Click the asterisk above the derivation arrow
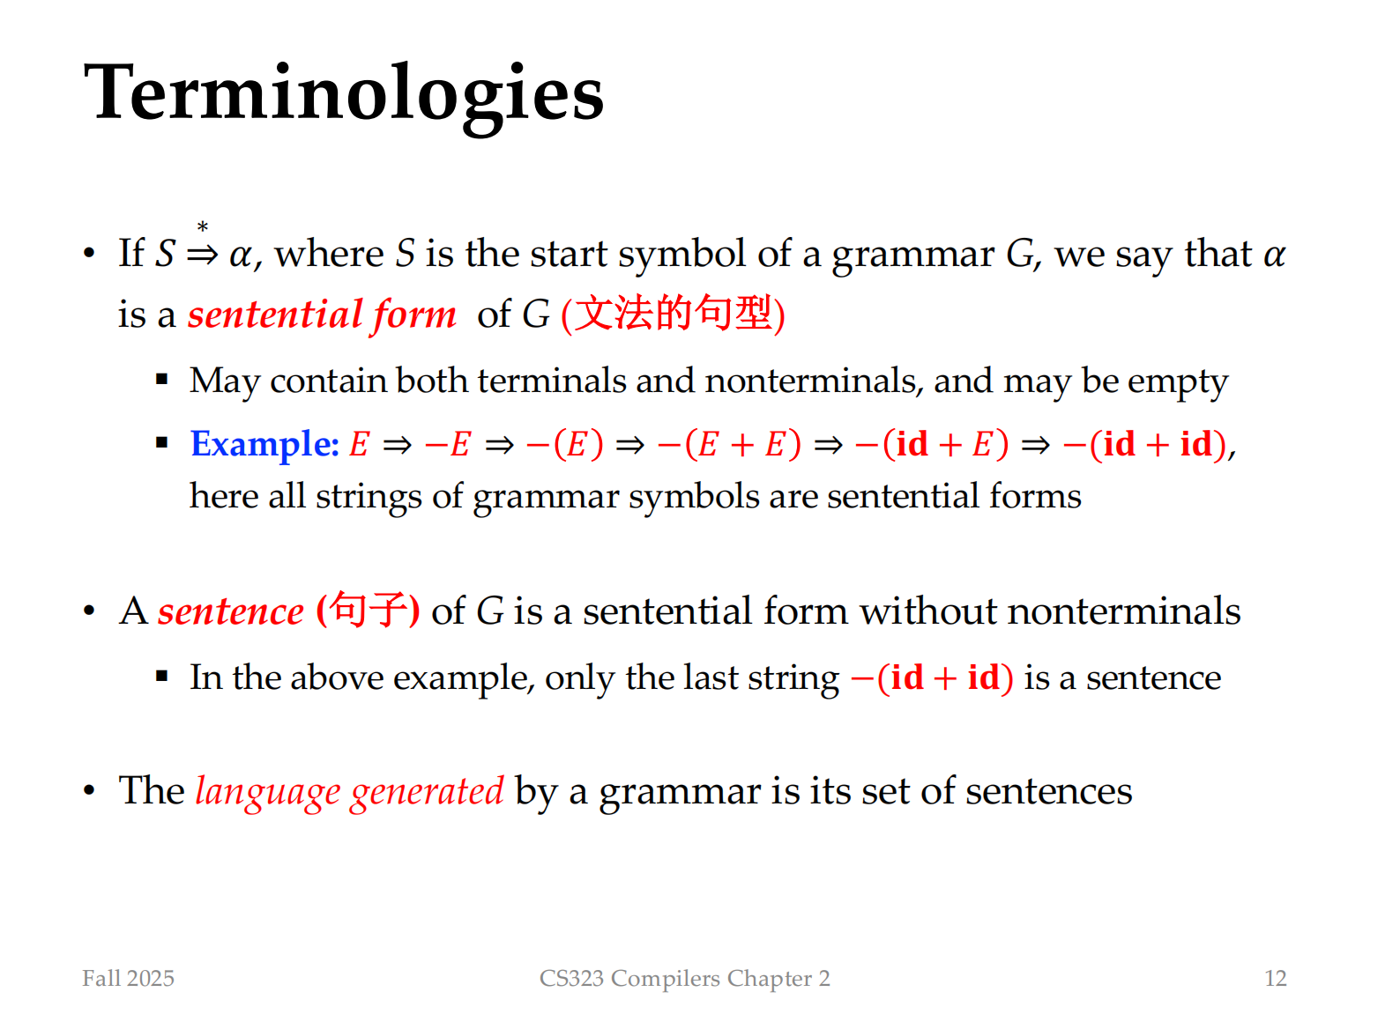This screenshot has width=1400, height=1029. tap(203, 227)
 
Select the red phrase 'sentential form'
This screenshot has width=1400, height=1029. tap(323, 315)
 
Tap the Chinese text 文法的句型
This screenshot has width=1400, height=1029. tap(672, 314)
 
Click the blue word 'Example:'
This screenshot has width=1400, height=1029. tap(265, 445)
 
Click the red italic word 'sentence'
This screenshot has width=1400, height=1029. tap(231, 612)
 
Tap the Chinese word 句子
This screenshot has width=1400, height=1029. tap(369, 610)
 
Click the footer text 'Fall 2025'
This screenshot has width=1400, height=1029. tap(128, 979)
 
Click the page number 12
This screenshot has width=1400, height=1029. tap(1276, 979)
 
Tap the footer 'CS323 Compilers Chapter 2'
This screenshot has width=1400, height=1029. tap(685, 979)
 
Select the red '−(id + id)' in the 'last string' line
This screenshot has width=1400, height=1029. tap(933, 678)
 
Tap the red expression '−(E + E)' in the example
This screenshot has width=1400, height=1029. tap(729, 445)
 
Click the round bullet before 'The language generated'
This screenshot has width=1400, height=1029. tap(89, 791)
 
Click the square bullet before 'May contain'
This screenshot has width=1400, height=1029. tap(162, 379)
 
